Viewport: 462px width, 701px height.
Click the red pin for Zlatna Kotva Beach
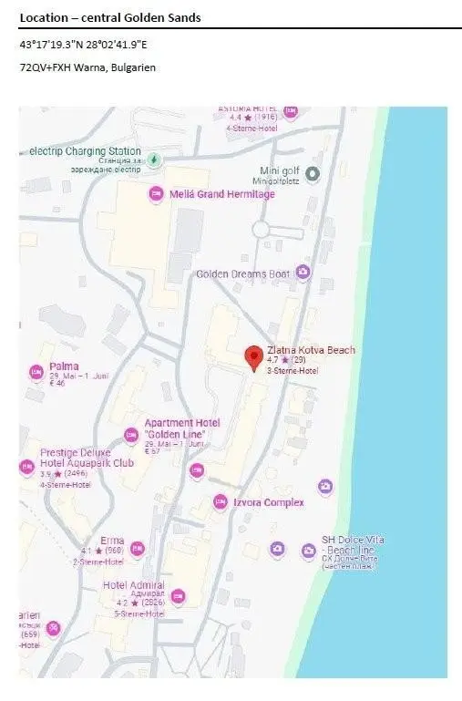tap(254, 356)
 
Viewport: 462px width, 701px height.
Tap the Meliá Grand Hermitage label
tap(221, 194)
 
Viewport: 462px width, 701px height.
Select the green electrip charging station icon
tap(154, 160)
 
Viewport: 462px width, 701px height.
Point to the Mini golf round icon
tap(313, 173)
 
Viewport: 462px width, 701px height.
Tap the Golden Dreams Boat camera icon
tap(303, 273)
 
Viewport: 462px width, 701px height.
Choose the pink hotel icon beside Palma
tap(36, 372)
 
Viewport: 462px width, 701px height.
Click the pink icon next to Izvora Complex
tap(221, 502)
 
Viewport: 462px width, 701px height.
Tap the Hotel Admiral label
tap(133, 585)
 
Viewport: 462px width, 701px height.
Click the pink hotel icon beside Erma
tap(138, 549)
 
